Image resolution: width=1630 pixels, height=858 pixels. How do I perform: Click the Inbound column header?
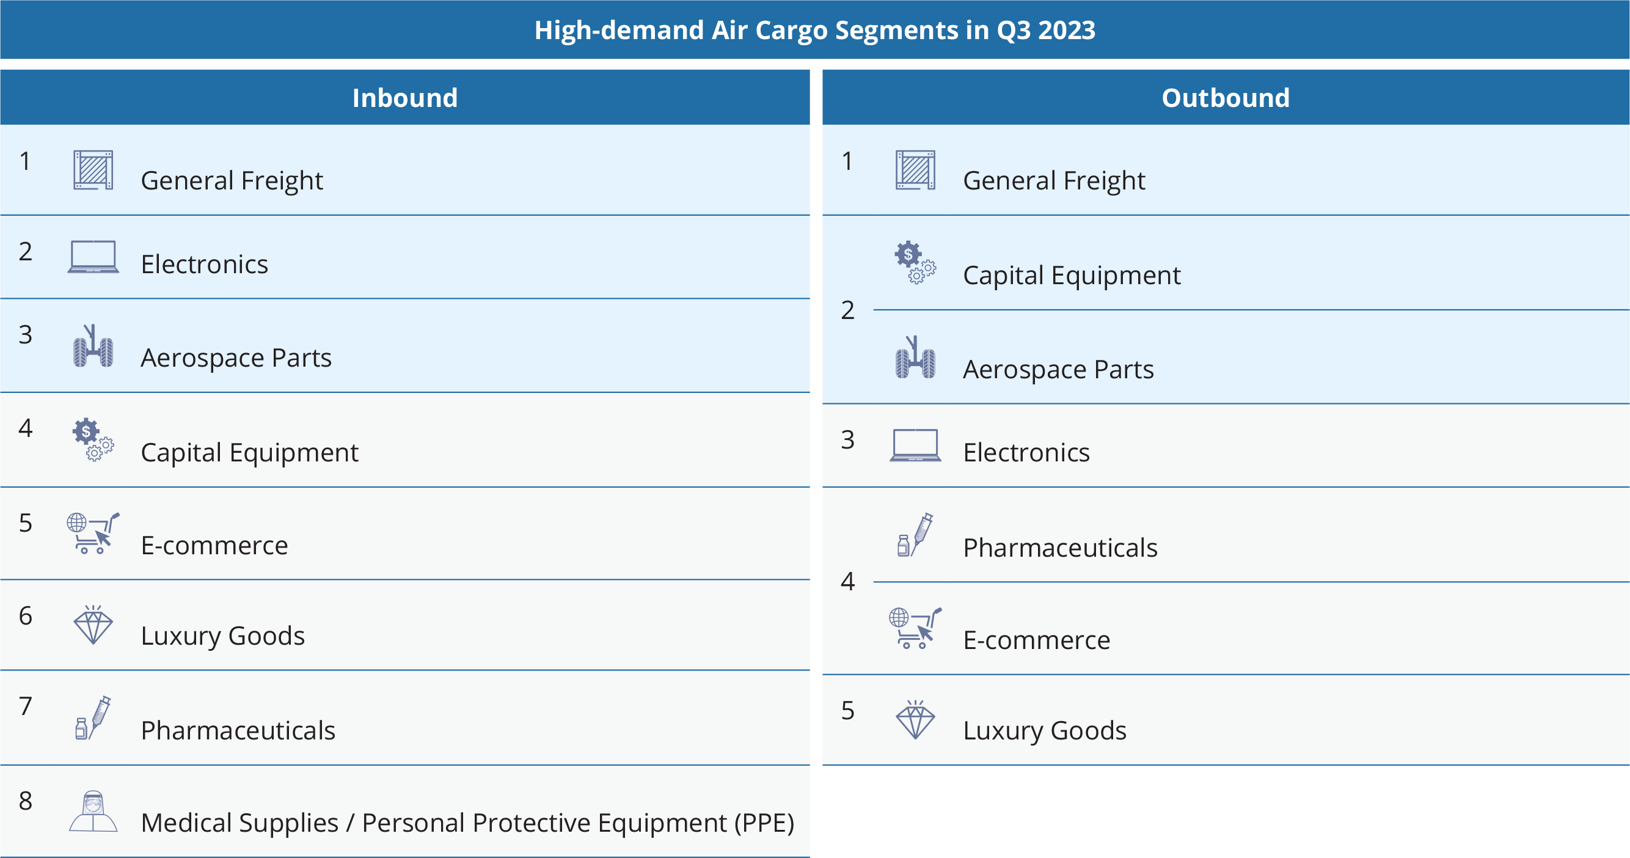point(405,98)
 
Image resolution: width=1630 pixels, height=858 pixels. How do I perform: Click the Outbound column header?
point(1226,98)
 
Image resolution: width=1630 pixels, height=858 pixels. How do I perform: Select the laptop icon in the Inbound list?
point(93,256)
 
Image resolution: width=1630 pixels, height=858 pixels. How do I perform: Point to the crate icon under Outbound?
point(915,169)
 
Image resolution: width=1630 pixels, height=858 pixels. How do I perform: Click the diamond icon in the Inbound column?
point(93,625)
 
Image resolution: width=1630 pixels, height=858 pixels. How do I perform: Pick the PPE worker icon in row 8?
point(93,811)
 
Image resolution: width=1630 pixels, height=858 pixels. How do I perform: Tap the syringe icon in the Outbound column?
point(915,535)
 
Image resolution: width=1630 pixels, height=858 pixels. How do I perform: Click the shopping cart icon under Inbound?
point(93,533)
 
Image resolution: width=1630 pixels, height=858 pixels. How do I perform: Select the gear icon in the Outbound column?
point(915,262)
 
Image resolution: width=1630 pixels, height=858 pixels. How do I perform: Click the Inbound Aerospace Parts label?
point(236,358)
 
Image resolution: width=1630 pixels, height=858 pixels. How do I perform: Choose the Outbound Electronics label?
point(1026,452)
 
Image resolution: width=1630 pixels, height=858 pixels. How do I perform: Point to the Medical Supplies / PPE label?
point(467,823)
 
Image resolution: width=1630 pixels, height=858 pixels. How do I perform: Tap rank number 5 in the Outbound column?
point(848,711)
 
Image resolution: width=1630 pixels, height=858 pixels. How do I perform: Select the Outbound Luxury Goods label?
point(1045,731)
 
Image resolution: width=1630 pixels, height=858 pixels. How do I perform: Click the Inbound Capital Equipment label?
point(249,453)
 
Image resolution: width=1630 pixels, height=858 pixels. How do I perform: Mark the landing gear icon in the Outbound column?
point(915,357)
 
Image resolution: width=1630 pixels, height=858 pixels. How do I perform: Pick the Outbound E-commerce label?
point(1036,640)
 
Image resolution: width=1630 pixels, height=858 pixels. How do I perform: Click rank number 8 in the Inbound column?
point(25,801)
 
